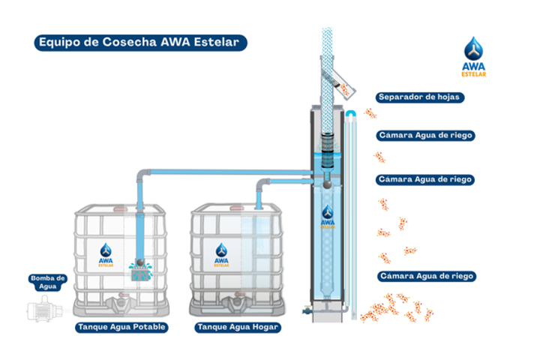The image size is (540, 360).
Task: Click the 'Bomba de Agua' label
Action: [x=48, y=282]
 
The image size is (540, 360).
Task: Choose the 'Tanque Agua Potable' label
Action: [x=121, y=328]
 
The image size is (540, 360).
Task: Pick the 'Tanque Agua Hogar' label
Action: [x=237, y=328]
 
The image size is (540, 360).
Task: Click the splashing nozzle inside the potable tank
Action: [x=139, y=268]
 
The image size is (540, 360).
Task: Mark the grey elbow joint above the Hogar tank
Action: [x=262, y=184]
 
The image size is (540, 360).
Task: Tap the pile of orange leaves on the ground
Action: [x=393, y=307]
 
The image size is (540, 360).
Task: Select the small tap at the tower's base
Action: [x=307, y=309]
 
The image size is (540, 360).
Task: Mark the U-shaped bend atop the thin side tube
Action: [x=350, y=112]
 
